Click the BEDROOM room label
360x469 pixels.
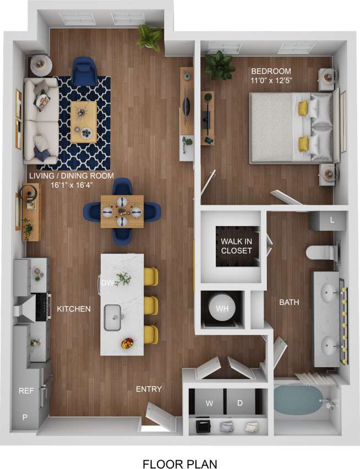point(271,72)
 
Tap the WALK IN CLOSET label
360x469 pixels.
point(236,246)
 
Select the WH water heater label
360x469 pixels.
point(222,309)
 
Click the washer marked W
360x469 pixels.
point(209,403)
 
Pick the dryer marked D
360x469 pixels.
point(240,403)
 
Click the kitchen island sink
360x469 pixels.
point(112,317)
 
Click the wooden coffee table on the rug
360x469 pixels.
point(83,121)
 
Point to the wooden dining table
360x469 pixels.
point(122,211)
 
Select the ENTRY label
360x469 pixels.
point(149,389)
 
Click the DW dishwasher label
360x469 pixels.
point(107,282)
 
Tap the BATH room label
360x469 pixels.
point(289,302)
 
